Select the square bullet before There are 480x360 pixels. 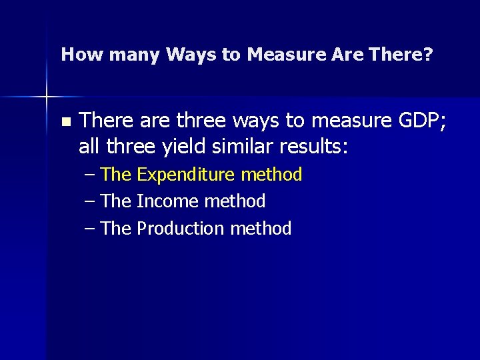[x=65, y=122]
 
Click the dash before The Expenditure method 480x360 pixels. [x=91, y=175]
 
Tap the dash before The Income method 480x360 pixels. [x=91, y=201]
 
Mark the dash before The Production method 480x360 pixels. [x=91, y=229]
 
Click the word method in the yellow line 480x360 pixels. [x=271, y=175]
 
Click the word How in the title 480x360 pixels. [x=74, y=54]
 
